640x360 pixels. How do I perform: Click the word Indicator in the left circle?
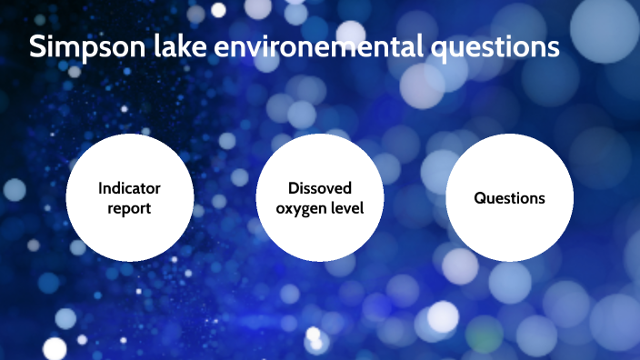tap(129, 188)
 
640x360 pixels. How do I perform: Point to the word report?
tap(129, 208)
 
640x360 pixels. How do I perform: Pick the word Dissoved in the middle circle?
tap(319, 188)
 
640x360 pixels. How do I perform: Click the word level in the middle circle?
tap(346, 208)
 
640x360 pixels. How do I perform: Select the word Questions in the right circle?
tap(509, 197)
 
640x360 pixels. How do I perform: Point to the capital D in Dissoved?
tap(294, 188)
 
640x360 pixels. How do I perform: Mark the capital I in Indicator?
tap(101, 188)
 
